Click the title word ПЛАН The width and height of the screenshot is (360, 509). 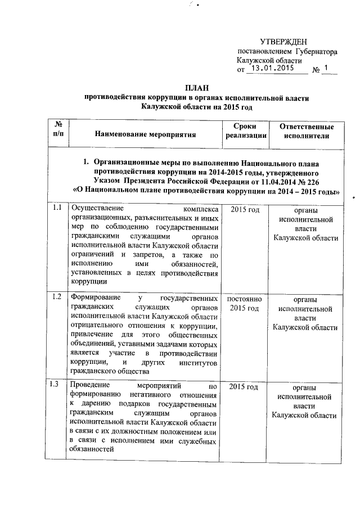coord(196,88)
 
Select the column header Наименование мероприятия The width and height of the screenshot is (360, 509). coord(145,135)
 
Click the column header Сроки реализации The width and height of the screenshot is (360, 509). coord(246,130)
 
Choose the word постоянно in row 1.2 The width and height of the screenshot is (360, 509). coord(246,298)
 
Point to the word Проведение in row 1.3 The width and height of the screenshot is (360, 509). coord(89,386)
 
